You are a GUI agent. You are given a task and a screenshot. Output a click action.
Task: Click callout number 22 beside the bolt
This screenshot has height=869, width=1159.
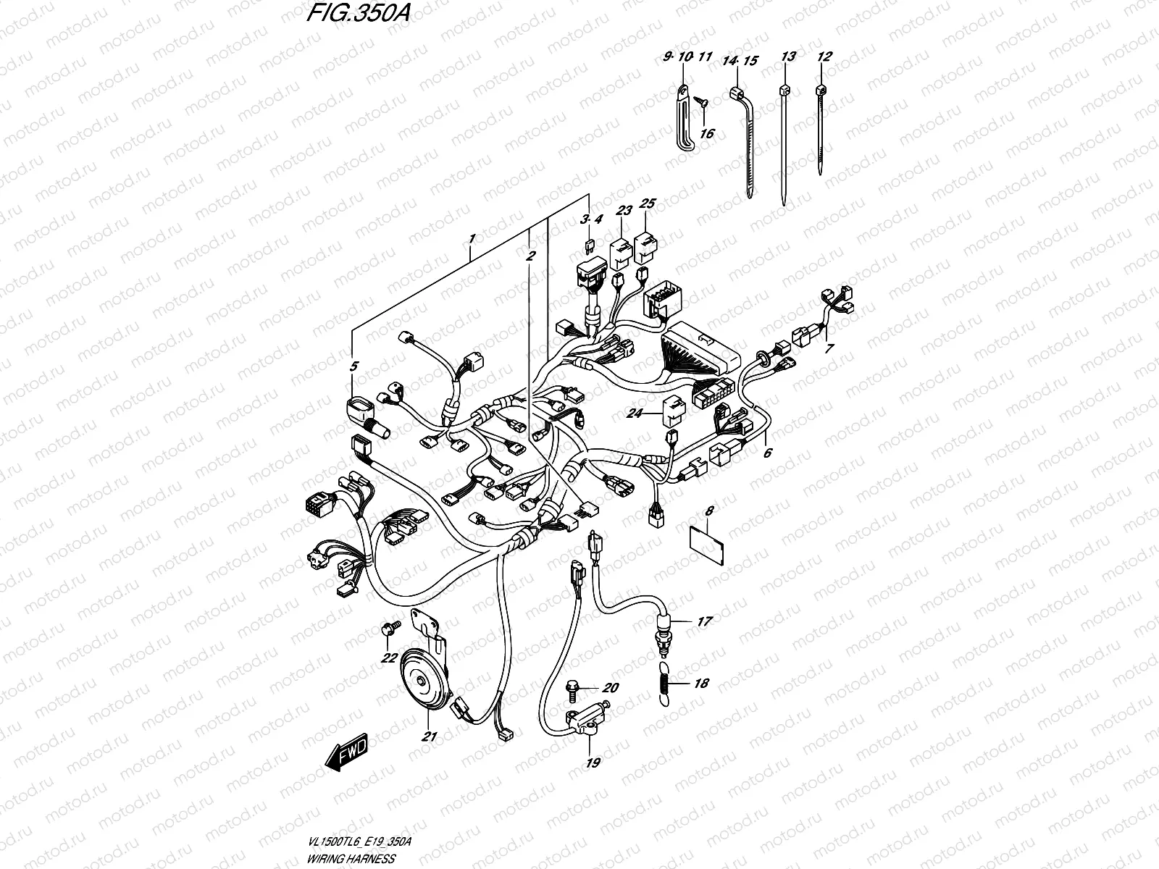389,657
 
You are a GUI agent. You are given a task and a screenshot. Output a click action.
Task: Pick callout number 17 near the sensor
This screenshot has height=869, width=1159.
704,621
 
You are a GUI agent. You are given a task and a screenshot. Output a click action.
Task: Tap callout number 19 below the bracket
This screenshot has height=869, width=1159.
593,762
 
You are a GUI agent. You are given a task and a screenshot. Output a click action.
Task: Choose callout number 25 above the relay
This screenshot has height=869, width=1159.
648,203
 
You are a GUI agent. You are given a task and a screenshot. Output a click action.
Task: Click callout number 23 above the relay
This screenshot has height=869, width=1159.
624,211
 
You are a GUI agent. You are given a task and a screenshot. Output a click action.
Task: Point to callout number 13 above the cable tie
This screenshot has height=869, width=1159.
789,56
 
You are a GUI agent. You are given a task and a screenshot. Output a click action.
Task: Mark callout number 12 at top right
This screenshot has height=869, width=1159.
824,56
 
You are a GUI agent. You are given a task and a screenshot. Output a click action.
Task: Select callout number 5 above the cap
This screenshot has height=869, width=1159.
353,366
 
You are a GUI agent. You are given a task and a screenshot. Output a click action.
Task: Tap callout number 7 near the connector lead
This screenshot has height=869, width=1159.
829,348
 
